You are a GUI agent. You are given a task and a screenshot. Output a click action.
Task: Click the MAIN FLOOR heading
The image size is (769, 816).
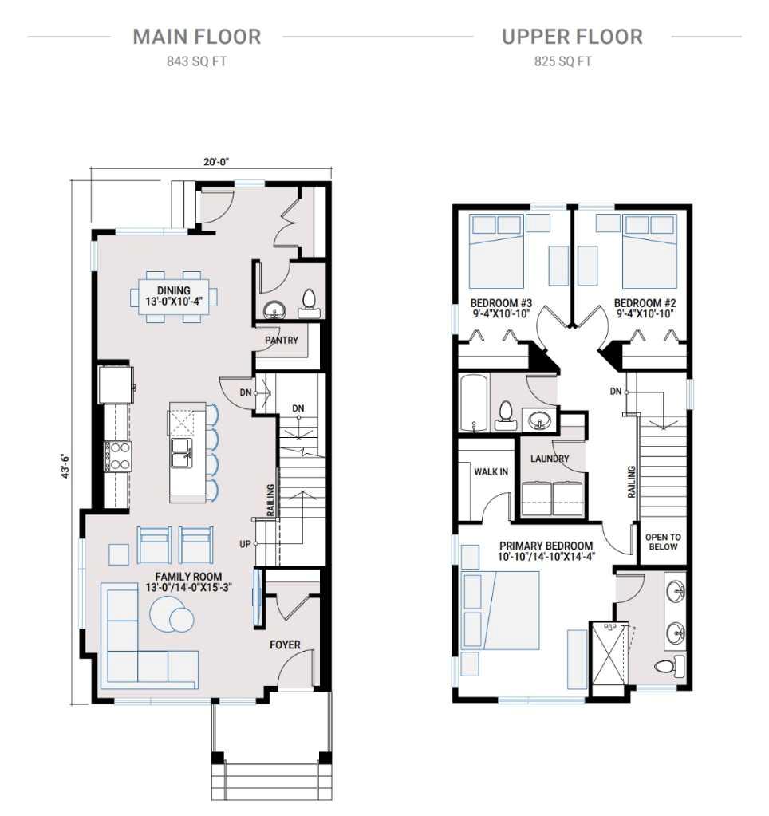(196, 37)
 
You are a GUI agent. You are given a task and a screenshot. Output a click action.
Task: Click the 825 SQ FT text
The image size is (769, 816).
(562, 61)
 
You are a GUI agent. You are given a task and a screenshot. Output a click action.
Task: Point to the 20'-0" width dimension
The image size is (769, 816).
(211, 162)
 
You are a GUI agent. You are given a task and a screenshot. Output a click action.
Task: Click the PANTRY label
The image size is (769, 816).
(282, 341)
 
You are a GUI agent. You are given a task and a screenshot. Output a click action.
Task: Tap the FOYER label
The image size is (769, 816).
(291, 645)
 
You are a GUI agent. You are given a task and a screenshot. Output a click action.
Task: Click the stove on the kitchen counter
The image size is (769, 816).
(117, 456)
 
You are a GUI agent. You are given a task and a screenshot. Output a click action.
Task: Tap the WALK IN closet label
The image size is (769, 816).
(491, 471)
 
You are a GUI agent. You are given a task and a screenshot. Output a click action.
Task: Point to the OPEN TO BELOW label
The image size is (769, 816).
(663, 542)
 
